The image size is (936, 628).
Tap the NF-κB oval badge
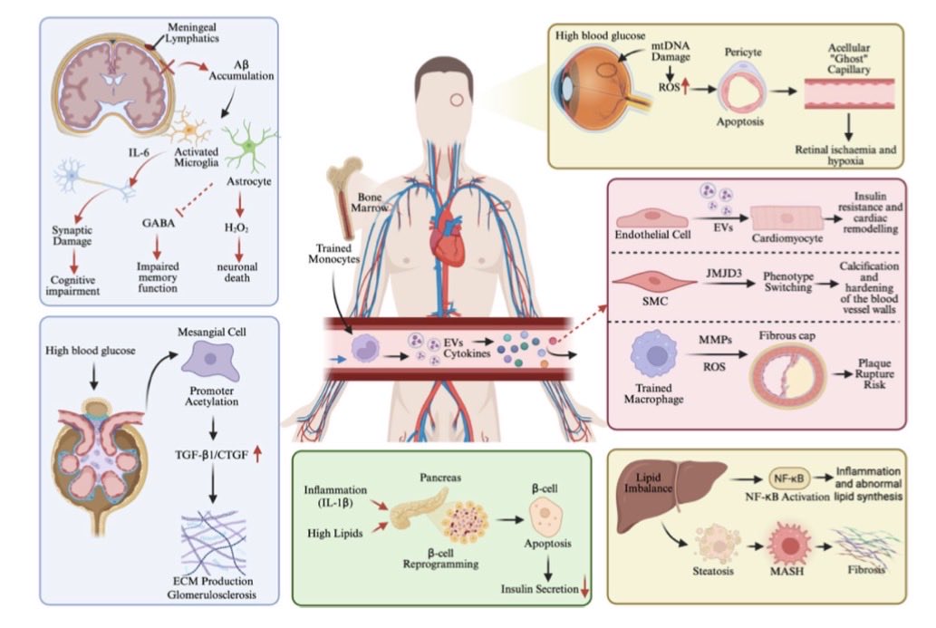(x=788, y=478)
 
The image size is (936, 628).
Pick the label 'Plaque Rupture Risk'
(x=874, y=373)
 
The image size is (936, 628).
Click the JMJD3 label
(x=723, y=274)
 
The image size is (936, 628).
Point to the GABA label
(x=159, y=223)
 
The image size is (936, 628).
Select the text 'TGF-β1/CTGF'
(x=211, y=455)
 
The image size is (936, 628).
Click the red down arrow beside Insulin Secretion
(x=585, y=589)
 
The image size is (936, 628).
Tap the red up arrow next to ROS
(x=685, y=87)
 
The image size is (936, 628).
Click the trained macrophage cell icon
(x=654, y=355)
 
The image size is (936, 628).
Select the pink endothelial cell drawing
(x=651, y=218)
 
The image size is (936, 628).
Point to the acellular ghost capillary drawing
(x=848, y=94)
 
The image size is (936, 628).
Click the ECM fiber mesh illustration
(x=213, y=542)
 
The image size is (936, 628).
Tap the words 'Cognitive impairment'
(x=72, y=285)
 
